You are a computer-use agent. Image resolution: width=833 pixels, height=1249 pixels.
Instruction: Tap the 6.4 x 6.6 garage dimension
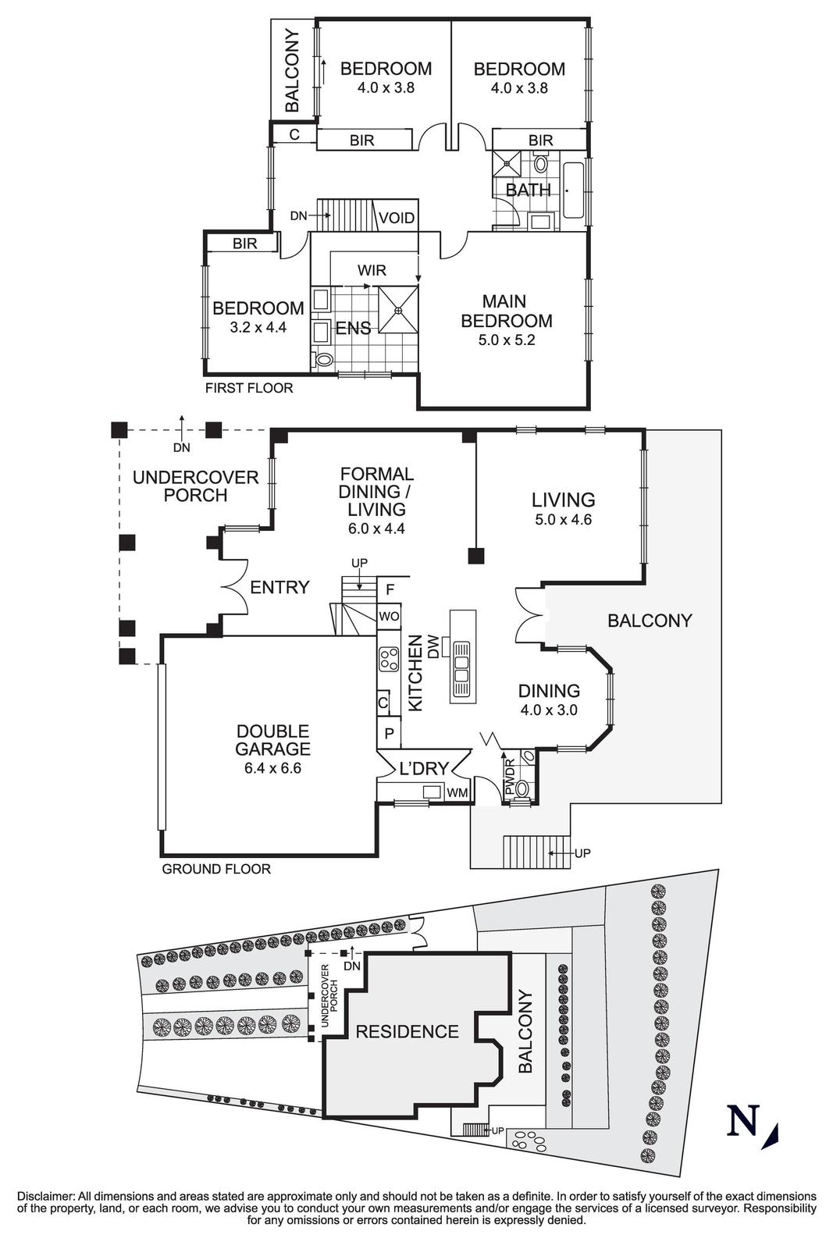coord(273,767)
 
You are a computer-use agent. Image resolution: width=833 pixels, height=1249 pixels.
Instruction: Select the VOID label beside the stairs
coord(397,218)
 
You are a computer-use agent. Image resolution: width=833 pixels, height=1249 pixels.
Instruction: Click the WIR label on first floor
coord(372,270)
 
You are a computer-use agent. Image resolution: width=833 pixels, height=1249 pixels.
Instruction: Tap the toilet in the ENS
coord(322,360)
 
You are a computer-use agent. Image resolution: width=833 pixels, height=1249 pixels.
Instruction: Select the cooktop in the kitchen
coord(388,660)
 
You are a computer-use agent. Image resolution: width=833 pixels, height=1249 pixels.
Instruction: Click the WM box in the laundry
coord(458,793)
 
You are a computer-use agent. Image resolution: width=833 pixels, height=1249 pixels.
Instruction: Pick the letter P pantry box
coord(388,734)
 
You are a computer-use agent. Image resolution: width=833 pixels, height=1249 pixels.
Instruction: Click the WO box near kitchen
coord(389,616)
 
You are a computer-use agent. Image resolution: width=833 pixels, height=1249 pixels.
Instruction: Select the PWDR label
coord(509,778)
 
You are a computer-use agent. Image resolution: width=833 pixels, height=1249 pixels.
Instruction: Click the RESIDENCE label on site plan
coord(407,1032)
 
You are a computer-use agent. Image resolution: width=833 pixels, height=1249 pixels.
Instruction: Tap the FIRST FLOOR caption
coord(248,388)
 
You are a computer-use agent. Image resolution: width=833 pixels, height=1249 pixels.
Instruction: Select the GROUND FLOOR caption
coord(215,869)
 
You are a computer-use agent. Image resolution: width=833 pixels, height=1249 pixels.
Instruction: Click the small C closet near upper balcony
coord(294,134)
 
